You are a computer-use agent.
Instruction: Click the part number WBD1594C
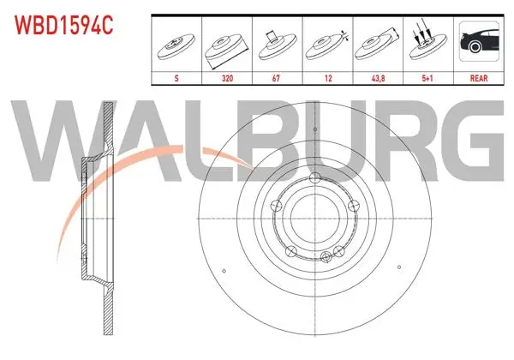(x=64, y=26)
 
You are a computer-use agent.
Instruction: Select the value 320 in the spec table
(x=227, y=78)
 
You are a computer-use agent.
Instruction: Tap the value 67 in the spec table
(x=277, y=78)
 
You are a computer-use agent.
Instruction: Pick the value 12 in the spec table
(x=328, y=78)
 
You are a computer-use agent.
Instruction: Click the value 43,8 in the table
(x=378, y=78)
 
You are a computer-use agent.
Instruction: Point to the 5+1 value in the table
(x=427, y=78)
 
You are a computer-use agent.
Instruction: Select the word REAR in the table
(x=479, y=78)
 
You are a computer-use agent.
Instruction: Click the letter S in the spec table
(x=176, y=78)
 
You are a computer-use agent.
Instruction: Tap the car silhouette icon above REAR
(x=479, y=41)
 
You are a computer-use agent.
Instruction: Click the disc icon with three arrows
(x=427, y=40)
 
